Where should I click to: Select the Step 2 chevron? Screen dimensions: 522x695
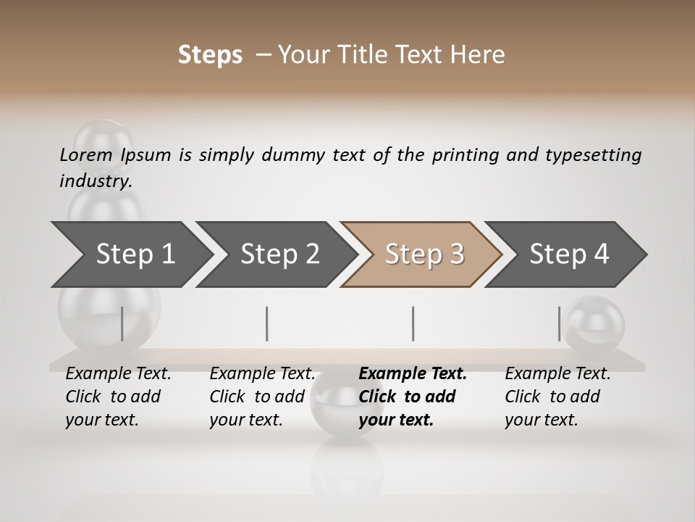279,254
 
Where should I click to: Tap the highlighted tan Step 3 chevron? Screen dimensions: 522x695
424,254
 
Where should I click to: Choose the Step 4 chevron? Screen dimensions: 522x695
568,254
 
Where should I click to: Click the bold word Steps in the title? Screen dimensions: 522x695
210,54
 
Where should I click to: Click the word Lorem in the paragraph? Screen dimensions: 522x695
86,155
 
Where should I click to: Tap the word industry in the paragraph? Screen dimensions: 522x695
96,181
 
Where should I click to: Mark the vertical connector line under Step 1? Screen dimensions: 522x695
122,323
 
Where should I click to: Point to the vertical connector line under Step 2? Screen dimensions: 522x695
267,323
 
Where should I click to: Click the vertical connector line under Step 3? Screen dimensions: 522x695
413,323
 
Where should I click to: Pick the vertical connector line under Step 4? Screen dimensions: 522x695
559,323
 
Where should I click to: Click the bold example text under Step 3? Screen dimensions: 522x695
412,397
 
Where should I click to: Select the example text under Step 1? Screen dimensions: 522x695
118,397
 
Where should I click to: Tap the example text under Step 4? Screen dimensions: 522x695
557,397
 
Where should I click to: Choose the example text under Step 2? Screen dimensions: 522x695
262,397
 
